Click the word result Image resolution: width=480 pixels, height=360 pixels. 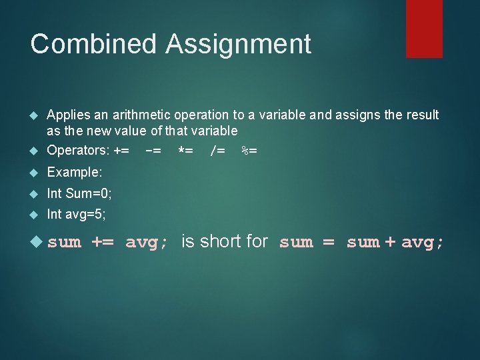coord(421,115)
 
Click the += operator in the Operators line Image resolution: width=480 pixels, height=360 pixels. coord(121,150)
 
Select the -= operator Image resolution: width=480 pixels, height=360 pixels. coord(153,150)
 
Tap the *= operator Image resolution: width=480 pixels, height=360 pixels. coord(185,150)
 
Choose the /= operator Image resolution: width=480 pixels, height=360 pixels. coord(217,150)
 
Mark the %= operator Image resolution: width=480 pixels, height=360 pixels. coord(249,150)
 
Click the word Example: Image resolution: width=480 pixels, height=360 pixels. coord(75,172)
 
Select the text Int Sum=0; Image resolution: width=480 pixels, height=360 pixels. coord(79,193)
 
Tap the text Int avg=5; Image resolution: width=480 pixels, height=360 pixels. coord(76,215)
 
